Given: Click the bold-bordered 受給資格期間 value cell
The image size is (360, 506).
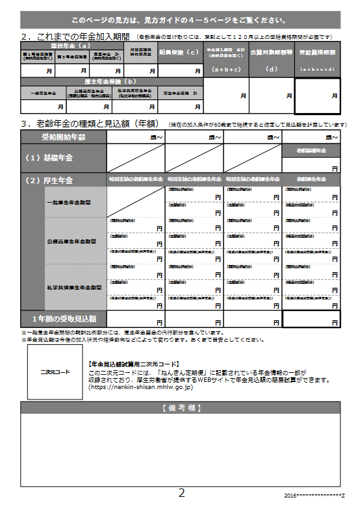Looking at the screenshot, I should (317, 95).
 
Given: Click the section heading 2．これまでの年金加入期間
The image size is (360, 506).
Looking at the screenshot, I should (75, 36).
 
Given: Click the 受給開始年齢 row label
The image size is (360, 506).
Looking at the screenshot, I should (63, 137).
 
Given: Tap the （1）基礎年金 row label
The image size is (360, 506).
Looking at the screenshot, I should (49, 158).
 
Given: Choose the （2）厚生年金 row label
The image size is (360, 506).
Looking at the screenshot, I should (49, 180).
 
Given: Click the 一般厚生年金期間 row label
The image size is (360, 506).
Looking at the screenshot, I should (68, 202).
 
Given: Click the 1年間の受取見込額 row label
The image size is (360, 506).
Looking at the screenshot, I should (64, 319).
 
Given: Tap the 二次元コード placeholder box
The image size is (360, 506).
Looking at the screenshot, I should (55, 372).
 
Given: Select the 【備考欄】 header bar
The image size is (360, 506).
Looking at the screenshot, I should (180, 407).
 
